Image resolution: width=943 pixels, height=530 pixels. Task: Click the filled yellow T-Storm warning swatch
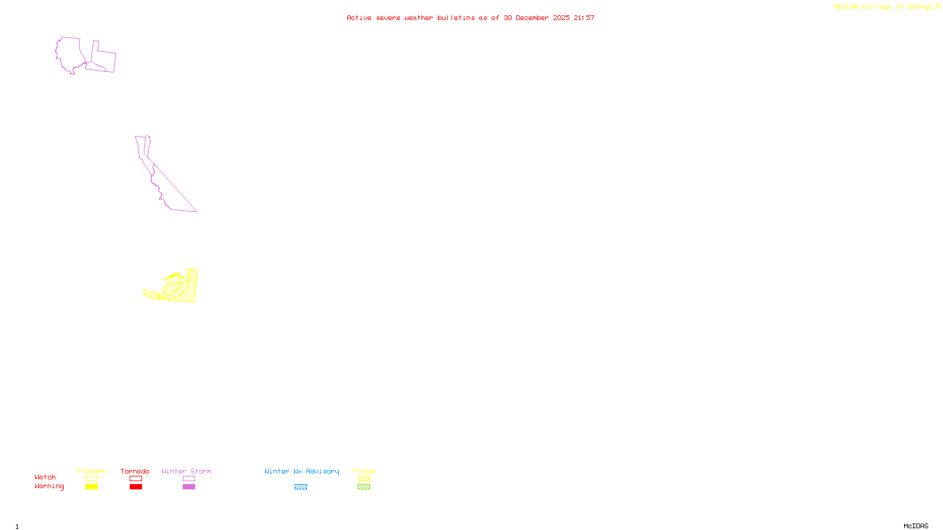[91, 487]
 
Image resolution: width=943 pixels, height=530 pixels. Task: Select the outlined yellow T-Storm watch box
[91, 479]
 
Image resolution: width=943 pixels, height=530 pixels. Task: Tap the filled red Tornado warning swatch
[136, 487]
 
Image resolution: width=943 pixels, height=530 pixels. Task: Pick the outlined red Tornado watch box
[136, 479]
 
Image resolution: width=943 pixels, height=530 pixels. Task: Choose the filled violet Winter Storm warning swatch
[189, 487]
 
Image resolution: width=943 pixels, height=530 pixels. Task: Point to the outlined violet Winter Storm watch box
[189, 479]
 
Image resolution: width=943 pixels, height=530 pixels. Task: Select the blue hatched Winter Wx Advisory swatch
[301, 487]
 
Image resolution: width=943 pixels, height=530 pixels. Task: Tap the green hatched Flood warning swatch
[364, 487]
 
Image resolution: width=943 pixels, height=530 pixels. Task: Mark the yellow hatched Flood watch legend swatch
[364, 479]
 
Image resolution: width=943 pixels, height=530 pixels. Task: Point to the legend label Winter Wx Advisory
[302, 471]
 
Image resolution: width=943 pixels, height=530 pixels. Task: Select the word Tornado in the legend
[135, 471]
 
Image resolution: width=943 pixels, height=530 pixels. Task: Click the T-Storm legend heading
[91, 471]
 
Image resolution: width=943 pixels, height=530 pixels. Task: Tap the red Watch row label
[45, 478]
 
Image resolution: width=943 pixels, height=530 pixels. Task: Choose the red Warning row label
[50, 486]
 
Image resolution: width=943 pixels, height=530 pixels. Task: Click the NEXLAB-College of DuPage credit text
[883, 7]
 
